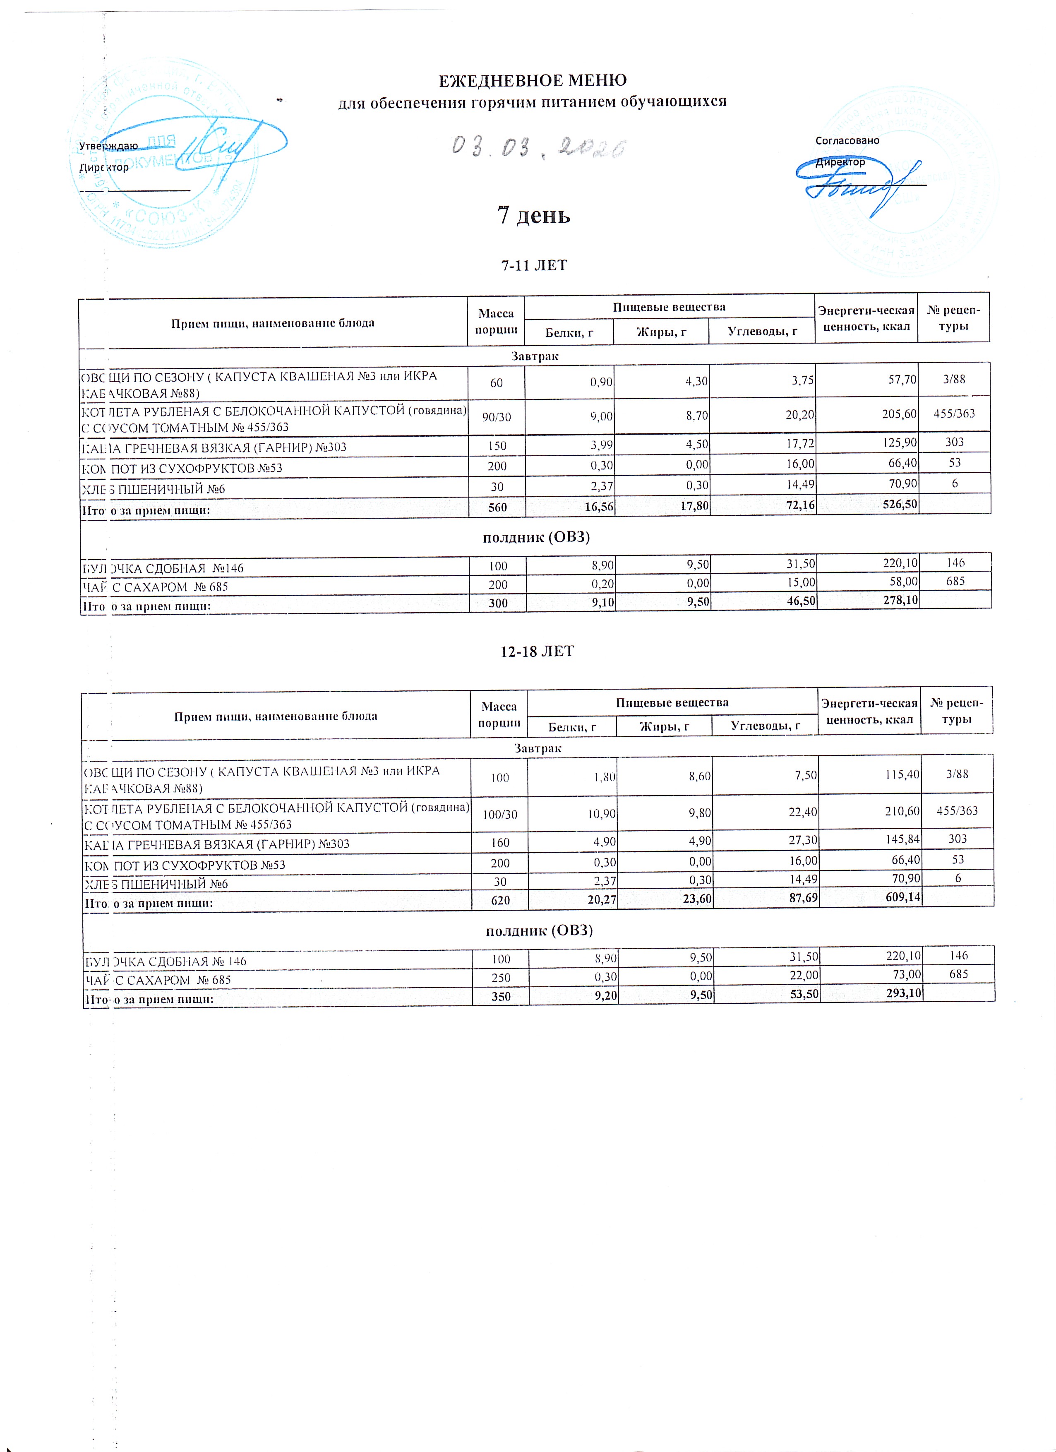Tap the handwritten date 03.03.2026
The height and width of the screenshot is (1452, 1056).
(x=538, y=148)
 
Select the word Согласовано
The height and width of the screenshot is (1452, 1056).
(x=847, y=140)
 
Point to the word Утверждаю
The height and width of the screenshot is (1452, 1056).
(x=108, y=146)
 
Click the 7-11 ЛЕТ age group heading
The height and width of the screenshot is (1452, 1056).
(x=534, y=265)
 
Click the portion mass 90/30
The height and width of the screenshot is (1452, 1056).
(x=496, y=417)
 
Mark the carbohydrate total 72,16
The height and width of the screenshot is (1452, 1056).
(x=797, y=505)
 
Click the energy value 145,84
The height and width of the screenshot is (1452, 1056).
(x=902, y=839)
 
